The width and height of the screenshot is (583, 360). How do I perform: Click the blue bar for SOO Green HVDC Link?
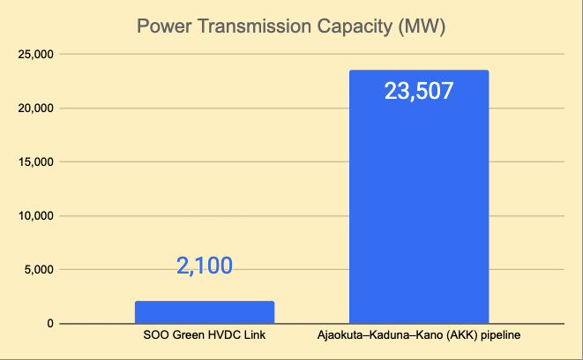click(x=205, y=312)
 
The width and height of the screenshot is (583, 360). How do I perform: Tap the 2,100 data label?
click(x=205, y=266)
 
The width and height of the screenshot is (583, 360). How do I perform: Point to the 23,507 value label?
click(x=419, y=90)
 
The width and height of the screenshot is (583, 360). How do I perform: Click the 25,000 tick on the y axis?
click(x=36, y=55)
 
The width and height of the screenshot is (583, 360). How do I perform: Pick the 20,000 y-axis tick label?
click(x=36, y=109)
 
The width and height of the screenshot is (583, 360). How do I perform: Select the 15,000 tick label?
click(x=36, y=162)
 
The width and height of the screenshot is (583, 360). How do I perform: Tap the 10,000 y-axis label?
click(x=36, y=216)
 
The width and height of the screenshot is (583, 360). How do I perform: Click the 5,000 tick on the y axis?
click(x=40, y=270)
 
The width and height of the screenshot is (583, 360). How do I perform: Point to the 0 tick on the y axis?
click(x=50, y=324)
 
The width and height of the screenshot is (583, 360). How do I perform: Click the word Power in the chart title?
click(x=160, y=26)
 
